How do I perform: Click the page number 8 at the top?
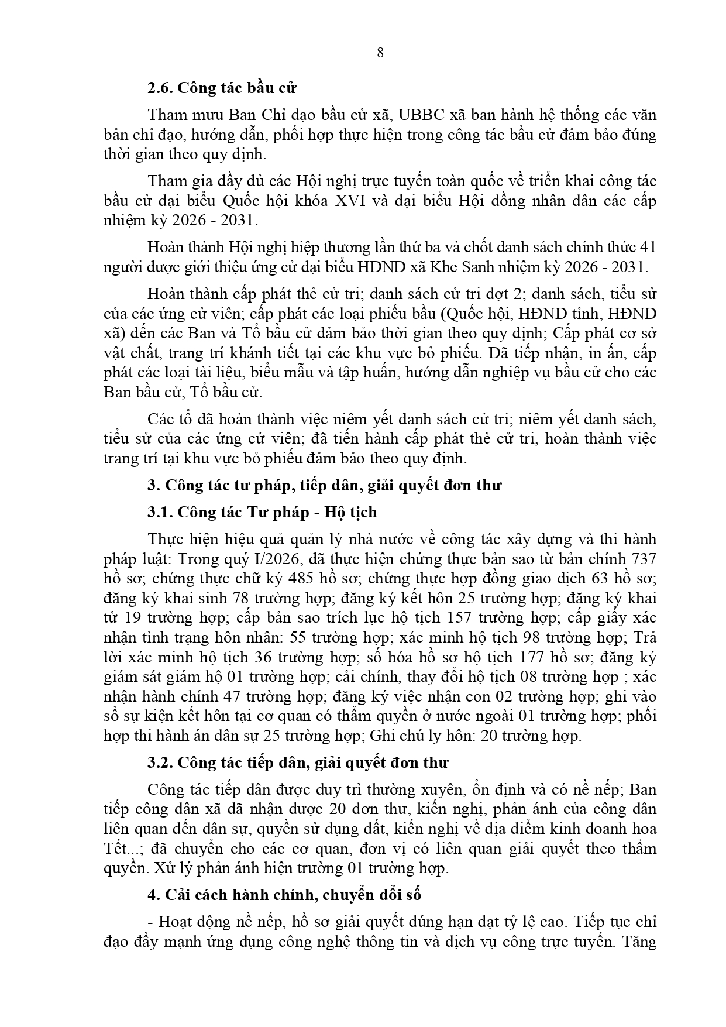click(380, 53)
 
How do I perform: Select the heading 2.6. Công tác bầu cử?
click(222, 88)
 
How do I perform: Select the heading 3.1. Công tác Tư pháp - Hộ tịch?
click(262, 513)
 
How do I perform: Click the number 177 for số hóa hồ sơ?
click(532, 657)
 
